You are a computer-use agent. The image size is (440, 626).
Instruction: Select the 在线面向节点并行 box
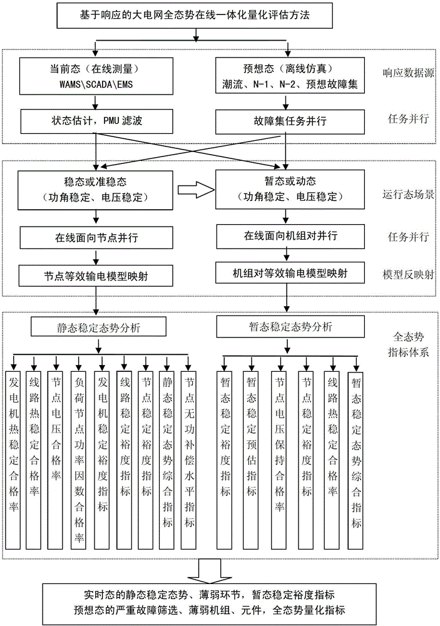(x=96, y=237)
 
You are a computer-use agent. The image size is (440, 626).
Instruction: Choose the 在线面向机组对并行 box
(x=287, y=237)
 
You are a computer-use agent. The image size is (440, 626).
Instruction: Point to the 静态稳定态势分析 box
(x=96, y=327)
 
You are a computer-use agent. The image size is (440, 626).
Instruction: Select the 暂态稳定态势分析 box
(x=287, y=327)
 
